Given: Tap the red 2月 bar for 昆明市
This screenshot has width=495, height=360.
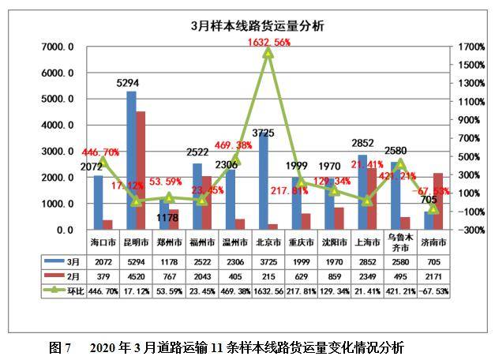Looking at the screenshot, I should (141, 171).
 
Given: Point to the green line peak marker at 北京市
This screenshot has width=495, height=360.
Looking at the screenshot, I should (268, 52).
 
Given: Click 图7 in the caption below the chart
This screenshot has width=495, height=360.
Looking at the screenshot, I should (60, 347).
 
